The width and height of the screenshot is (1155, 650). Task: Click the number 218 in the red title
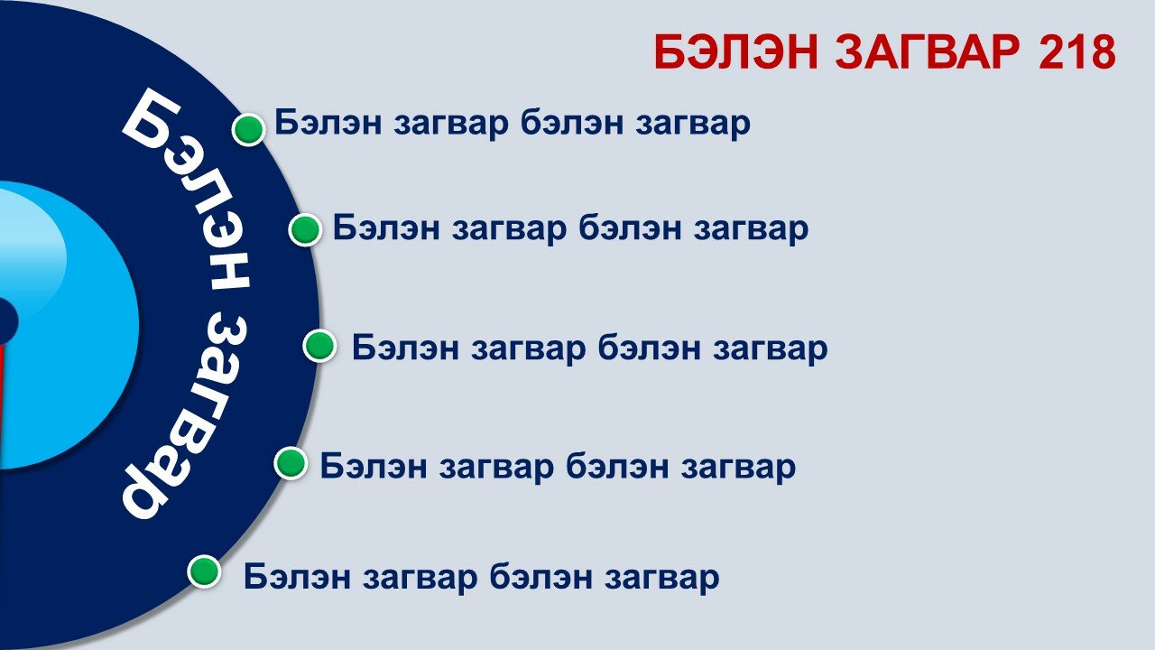point(1077,51)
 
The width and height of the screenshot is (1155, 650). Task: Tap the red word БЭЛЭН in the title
point(736,51)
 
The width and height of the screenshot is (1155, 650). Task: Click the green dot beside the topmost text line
point(248,129)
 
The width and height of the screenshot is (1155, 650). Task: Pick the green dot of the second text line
point(305,229)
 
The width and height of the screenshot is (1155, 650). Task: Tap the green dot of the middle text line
point(319,346)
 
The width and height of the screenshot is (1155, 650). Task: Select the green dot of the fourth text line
point(291,463)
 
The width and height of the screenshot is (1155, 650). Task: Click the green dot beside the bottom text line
point(204,571)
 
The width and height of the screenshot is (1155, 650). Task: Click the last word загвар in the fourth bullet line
point(738,467)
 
